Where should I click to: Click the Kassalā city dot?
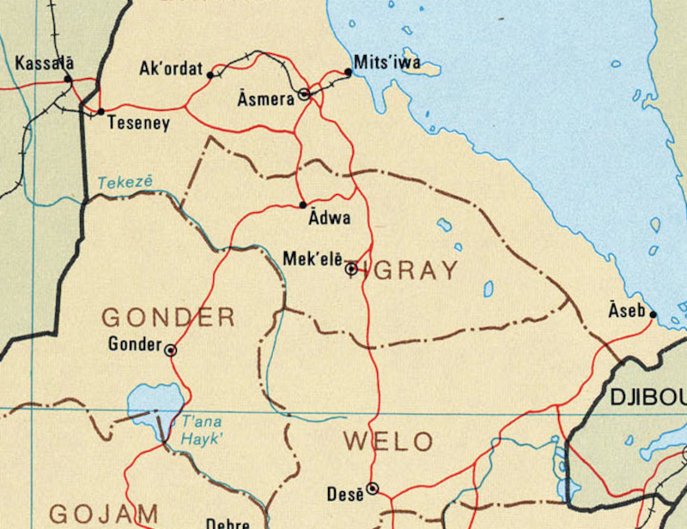pos(68,79)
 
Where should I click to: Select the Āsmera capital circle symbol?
pos(304,94)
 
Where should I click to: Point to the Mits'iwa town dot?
pos(348,73)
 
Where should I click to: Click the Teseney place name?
pos(138,124)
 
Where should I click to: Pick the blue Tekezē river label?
pos(125,182)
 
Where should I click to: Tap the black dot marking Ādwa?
pos(303,204)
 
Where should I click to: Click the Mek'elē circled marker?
pos(351,269)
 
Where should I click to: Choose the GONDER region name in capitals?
pos(168,317)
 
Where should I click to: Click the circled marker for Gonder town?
pos(171,350)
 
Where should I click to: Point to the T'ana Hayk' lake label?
pos(201,429)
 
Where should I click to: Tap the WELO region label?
pos(388,442)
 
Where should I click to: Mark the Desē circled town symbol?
pos(373,488)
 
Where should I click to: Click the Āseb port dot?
pos(653,314)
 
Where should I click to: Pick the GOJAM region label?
pos(103,514)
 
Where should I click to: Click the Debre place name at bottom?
pos(228,522)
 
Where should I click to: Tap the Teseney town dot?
pos(100,112)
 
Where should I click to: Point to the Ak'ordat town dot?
pos(210,75)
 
